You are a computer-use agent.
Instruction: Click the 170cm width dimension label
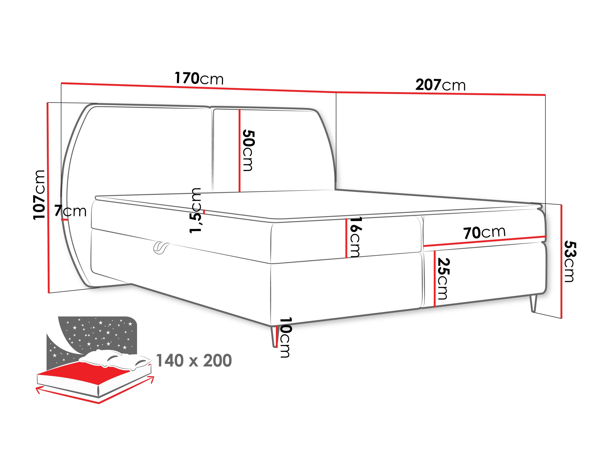pyautogui.click(x=199, y=78)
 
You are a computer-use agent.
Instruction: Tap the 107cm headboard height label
pyautogui.click(x=39, y=195)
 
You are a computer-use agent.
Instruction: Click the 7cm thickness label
pyautogui.click(x=70, y=211)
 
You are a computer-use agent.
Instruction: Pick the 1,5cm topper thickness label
pyautogui.click(x=195, y=211)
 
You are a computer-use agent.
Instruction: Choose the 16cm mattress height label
pyautogui.click(x=355, y=237)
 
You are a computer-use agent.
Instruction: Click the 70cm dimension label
pyautogui.click(x=484, y=233)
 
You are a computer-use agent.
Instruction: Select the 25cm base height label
pyautogui.click(x=443, y=279)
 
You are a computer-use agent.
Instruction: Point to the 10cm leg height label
pyautogui.click(x=285, y=337)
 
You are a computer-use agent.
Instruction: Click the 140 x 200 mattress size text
pyautogui.click(x=194, y=361)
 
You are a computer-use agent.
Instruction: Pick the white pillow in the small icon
pyautogui.click(x=116, y=359)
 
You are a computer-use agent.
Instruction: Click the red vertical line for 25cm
pyautogui.click(x=434, y=279)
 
